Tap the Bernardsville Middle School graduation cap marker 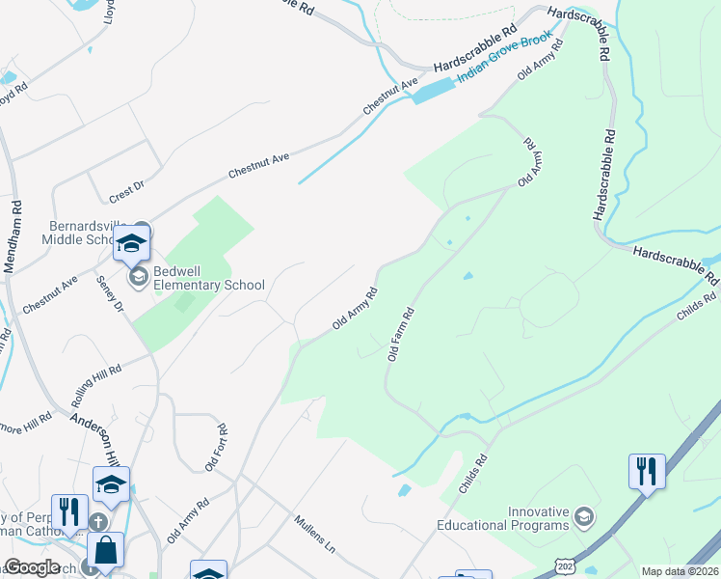pyautogui.click(x=132, y=245)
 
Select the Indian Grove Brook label pyautogui.click(x=505, y=58)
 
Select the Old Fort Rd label pyautogui.click(x=216, y=448)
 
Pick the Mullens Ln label pyautogui.click(x=315, y=533)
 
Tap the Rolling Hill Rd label pyautogui.click(x=96, y=384)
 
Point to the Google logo pyautogui.click(x=31, y=567)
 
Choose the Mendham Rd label pyautogui.click(x=13, y=237)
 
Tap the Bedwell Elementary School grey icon pyautogui.click(x=138, y=278)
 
